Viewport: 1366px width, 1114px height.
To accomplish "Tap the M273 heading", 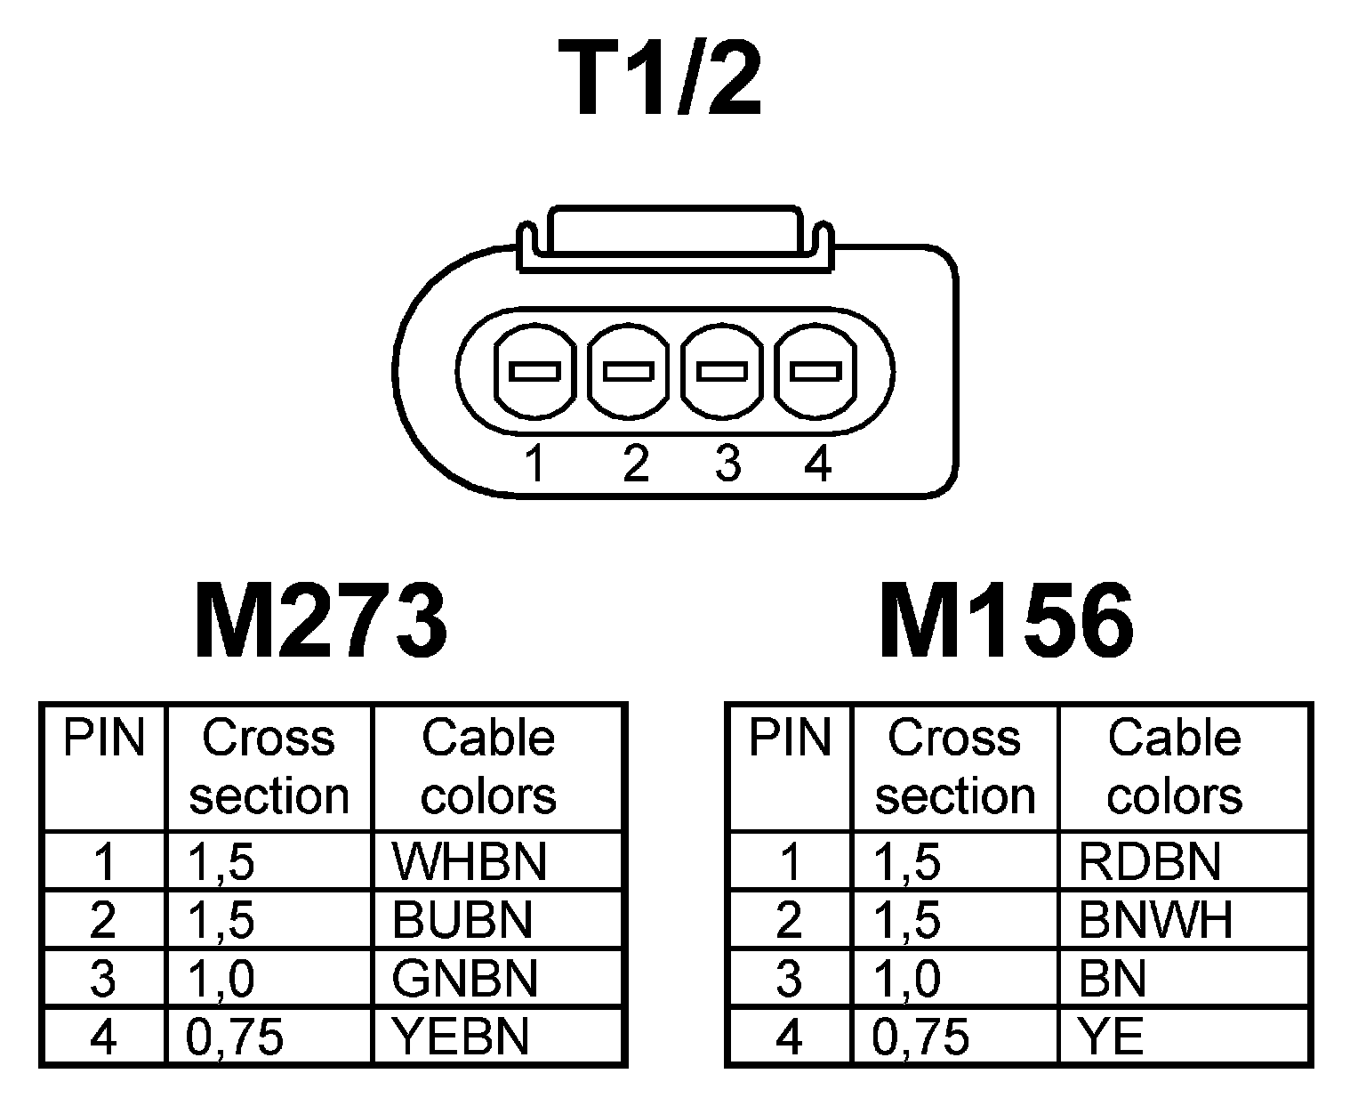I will tap(320, 620).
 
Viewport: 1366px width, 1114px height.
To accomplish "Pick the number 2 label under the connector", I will tap(635, 464).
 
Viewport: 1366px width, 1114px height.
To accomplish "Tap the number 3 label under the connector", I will tap(727, 464).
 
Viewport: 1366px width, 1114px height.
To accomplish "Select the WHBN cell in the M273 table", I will tap(469, 860).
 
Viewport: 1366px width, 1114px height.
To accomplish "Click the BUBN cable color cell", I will tap(462, 919).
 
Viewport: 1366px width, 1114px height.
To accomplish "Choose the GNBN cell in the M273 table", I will tap(464, 978).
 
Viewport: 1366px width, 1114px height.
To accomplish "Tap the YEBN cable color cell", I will tap(460, 1037).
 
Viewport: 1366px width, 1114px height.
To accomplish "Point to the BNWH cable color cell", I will tap(1155, 919).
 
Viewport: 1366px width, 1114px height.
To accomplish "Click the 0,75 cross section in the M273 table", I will tap(235, 1037).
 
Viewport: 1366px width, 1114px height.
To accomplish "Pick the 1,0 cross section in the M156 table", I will tap(907, 978).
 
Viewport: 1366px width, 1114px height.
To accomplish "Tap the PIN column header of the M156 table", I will tap(789, 739).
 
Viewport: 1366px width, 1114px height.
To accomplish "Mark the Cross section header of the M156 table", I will tap(954, 767).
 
